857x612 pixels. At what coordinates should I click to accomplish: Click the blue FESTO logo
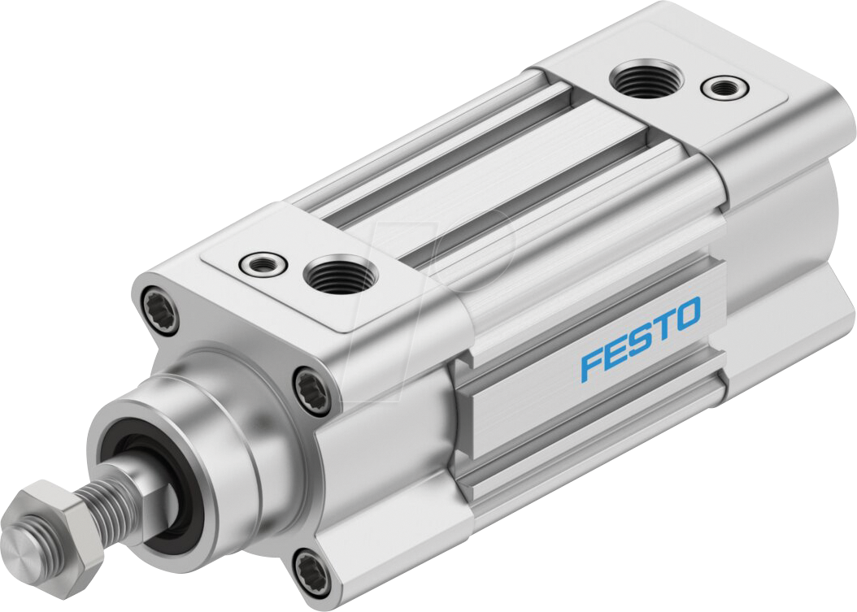pyautogui.click(x=640, y=338)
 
